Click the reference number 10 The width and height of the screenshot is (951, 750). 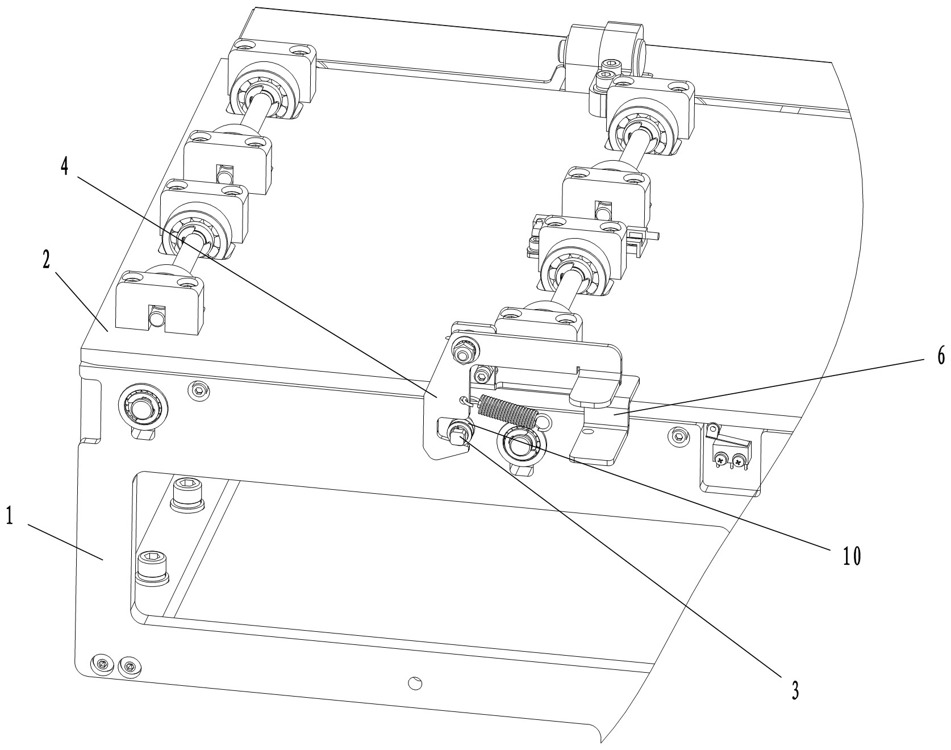coord(851,556)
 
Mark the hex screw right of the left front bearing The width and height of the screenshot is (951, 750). coord(198,389)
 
